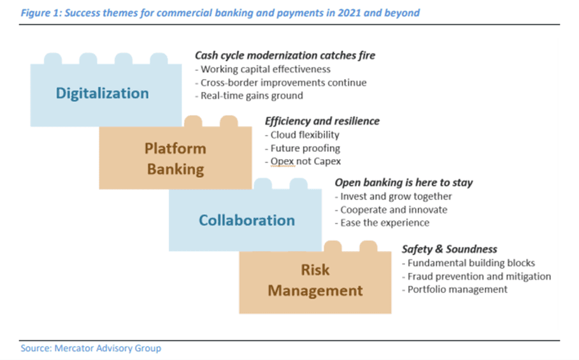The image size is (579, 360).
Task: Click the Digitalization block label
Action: pyautogui.click(x=103, y=94)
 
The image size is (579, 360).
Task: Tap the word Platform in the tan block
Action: pyautogui.click(x=175, y=149)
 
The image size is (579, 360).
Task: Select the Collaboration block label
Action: pyautogui.click(x=247, y=220)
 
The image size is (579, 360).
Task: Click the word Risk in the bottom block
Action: pyautogui.click(x=315, y=270)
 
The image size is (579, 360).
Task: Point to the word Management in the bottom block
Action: pyautogui.click(x=315, y=291)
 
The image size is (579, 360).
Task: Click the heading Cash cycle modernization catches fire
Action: pyautogui.click(x=285, y=55)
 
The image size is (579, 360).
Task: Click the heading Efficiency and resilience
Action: pyautogui.click(x=322, y=121)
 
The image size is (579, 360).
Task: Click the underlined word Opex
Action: pyautogui.click(x=282, y=162)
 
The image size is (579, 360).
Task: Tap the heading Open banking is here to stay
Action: pyautogui.click(x=404, y=182)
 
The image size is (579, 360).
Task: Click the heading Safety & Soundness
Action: pyautogui.click(x=450, y=249)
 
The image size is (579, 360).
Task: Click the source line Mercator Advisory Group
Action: pyautogui.click(x=108, y=348)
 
